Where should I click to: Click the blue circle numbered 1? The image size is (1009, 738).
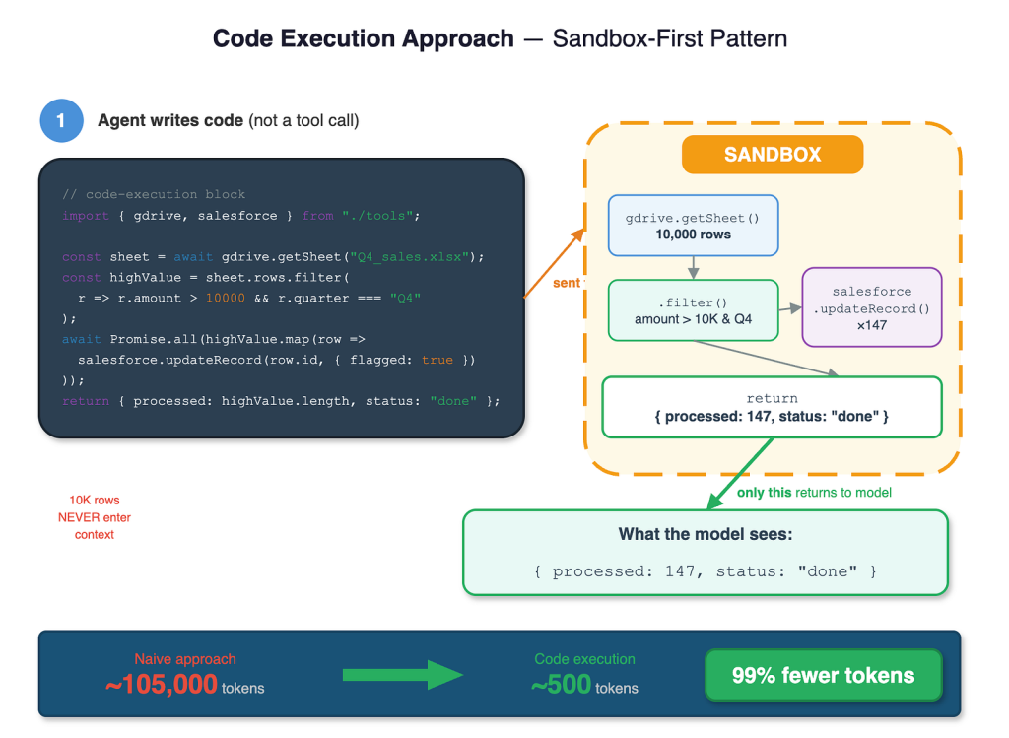[61, 120]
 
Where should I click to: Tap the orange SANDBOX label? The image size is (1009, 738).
[773, 155]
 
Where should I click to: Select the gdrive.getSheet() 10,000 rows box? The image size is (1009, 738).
[693, 226]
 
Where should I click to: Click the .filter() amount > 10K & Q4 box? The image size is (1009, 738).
[693, 310]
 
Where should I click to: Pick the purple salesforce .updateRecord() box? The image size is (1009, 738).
[872, 307]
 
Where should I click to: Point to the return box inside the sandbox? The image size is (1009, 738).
[772, 407]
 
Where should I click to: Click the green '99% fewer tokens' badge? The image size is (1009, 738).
[823, 675]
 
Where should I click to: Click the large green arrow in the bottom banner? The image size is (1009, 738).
[403, 675]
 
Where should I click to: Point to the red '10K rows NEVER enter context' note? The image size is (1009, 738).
[94, 517]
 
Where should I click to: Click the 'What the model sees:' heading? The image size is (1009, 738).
[706, 534]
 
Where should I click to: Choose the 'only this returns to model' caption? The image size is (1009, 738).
[814, 493]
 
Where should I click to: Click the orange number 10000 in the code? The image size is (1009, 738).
[226, 298]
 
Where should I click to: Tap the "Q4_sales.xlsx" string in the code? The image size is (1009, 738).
[409, 257]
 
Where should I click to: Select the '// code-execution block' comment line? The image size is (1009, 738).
[154, 194]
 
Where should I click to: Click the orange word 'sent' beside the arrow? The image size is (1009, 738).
[567, 283]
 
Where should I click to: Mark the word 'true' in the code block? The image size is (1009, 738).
[437, 360]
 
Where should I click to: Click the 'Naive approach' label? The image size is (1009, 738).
[185, 659]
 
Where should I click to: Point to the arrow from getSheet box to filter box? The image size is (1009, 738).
[693, 268]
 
